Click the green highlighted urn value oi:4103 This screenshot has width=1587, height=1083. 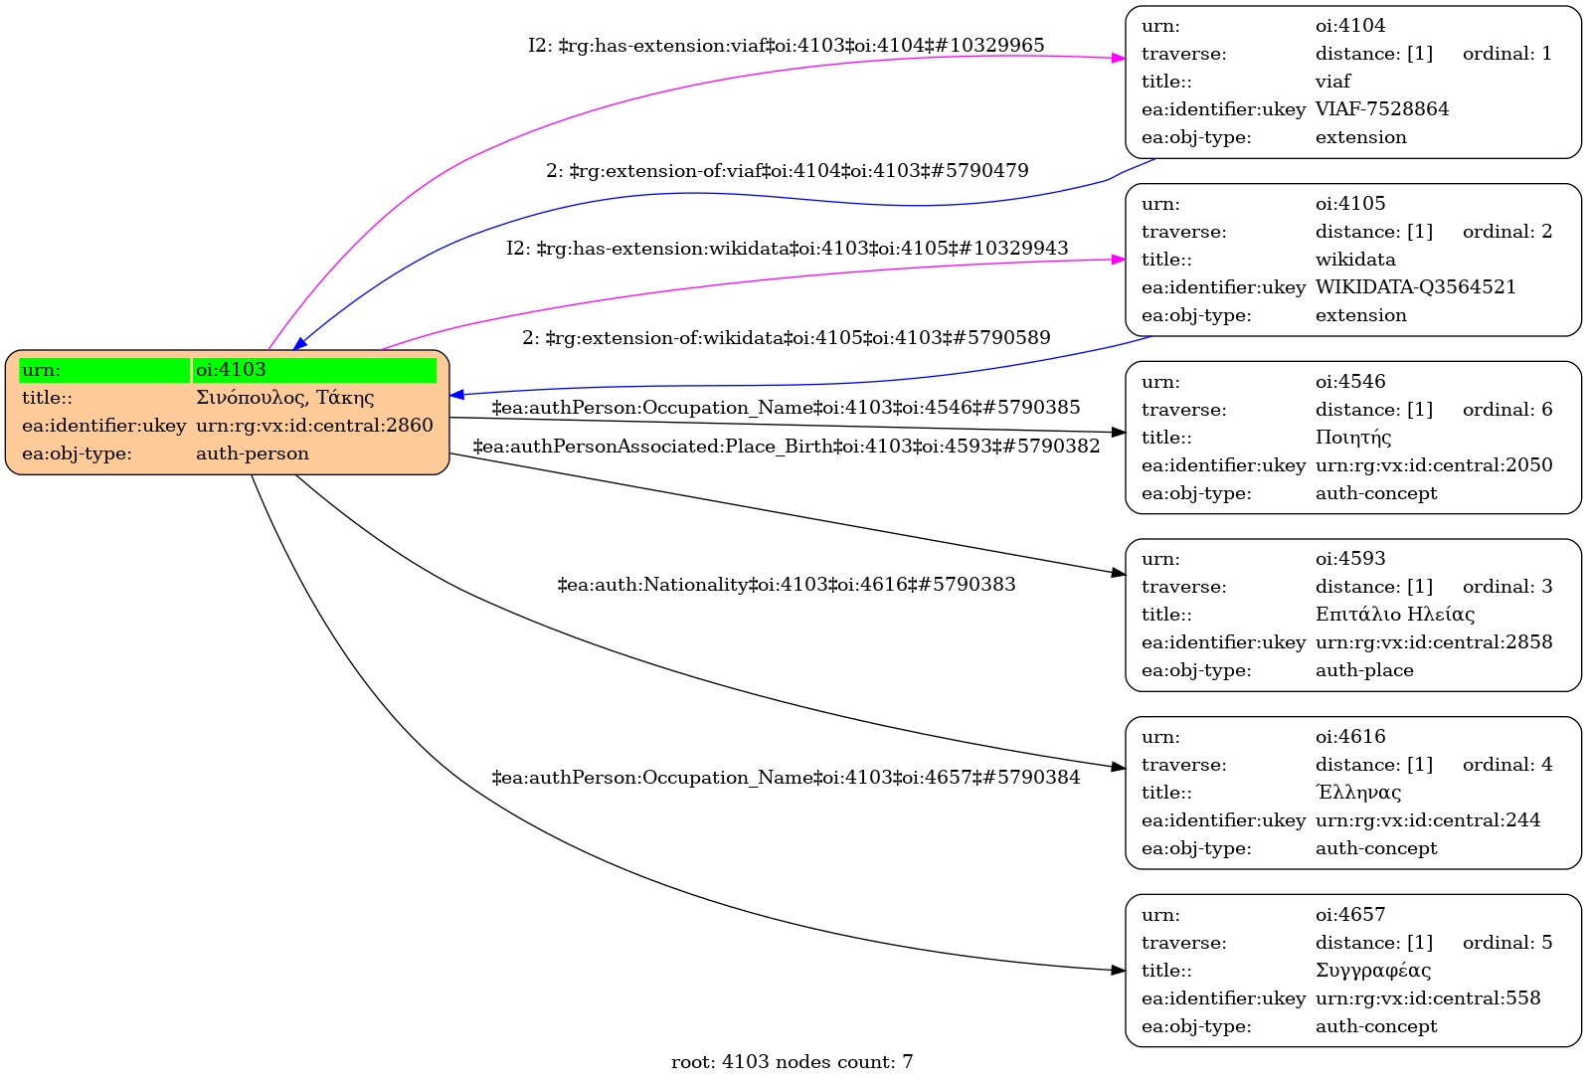pos(231,370)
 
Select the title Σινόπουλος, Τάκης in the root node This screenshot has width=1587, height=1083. pos(284,398)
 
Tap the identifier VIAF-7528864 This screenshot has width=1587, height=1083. pos(1381,109)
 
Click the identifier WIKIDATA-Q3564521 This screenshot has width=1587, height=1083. pos(1415,287)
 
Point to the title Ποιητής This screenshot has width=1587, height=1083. pos(1352,438)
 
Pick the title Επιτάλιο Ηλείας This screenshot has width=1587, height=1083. pos(1394,615)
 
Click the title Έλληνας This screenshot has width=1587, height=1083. pos(1357,793)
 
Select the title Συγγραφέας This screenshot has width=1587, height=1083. pos(1372,971)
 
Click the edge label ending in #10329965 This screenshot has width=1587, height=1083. pos(786,46)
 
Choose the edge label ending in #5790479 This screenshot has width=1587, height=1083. pos(787,171)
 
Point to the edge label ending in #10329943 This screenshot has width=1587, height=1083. pos(787,249)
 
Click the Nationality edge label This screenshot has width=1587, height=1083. pos(786,585)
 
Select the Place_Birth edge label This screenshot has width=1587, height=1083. pos(786,447)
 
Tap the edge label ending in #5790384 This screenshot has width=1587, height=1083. pos(786,778)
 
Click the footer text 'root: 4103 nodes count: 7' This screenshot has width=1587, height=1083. pos(792,1062)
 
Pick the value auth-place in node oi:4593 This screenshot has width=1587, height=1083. pos(1363,670)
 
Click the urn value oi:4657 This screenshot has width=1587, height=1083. pos(1349,915)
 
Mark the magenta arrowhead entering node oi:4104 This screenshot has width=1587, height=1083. pos(1118,59)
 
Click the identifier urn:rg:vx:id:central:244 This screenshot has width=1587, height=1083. pos(1427,820)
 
